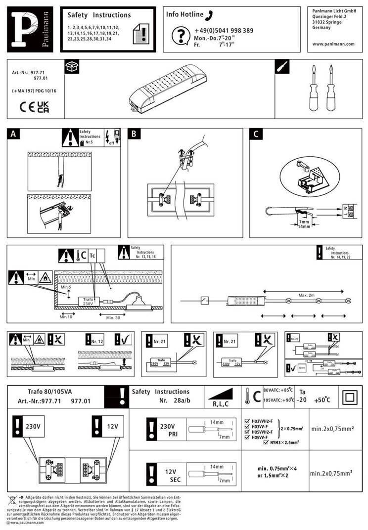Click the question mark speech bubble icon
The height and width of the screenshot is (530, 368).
(x=180, y=35)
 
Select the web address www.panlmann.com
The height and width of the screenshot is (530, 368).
(x=333, y=44)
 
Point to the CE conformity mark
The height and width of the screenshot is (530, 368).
(x=27, y=107)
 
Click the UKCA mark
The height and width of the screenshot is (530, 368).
(x=43, y=107)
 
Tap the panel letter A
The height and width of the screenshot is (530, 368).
(x=13, y=134)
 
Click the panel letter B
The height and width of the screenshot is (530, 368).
(x=134, y=134)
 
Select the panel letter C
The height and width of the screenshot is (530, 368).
(x=255, y=134)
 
